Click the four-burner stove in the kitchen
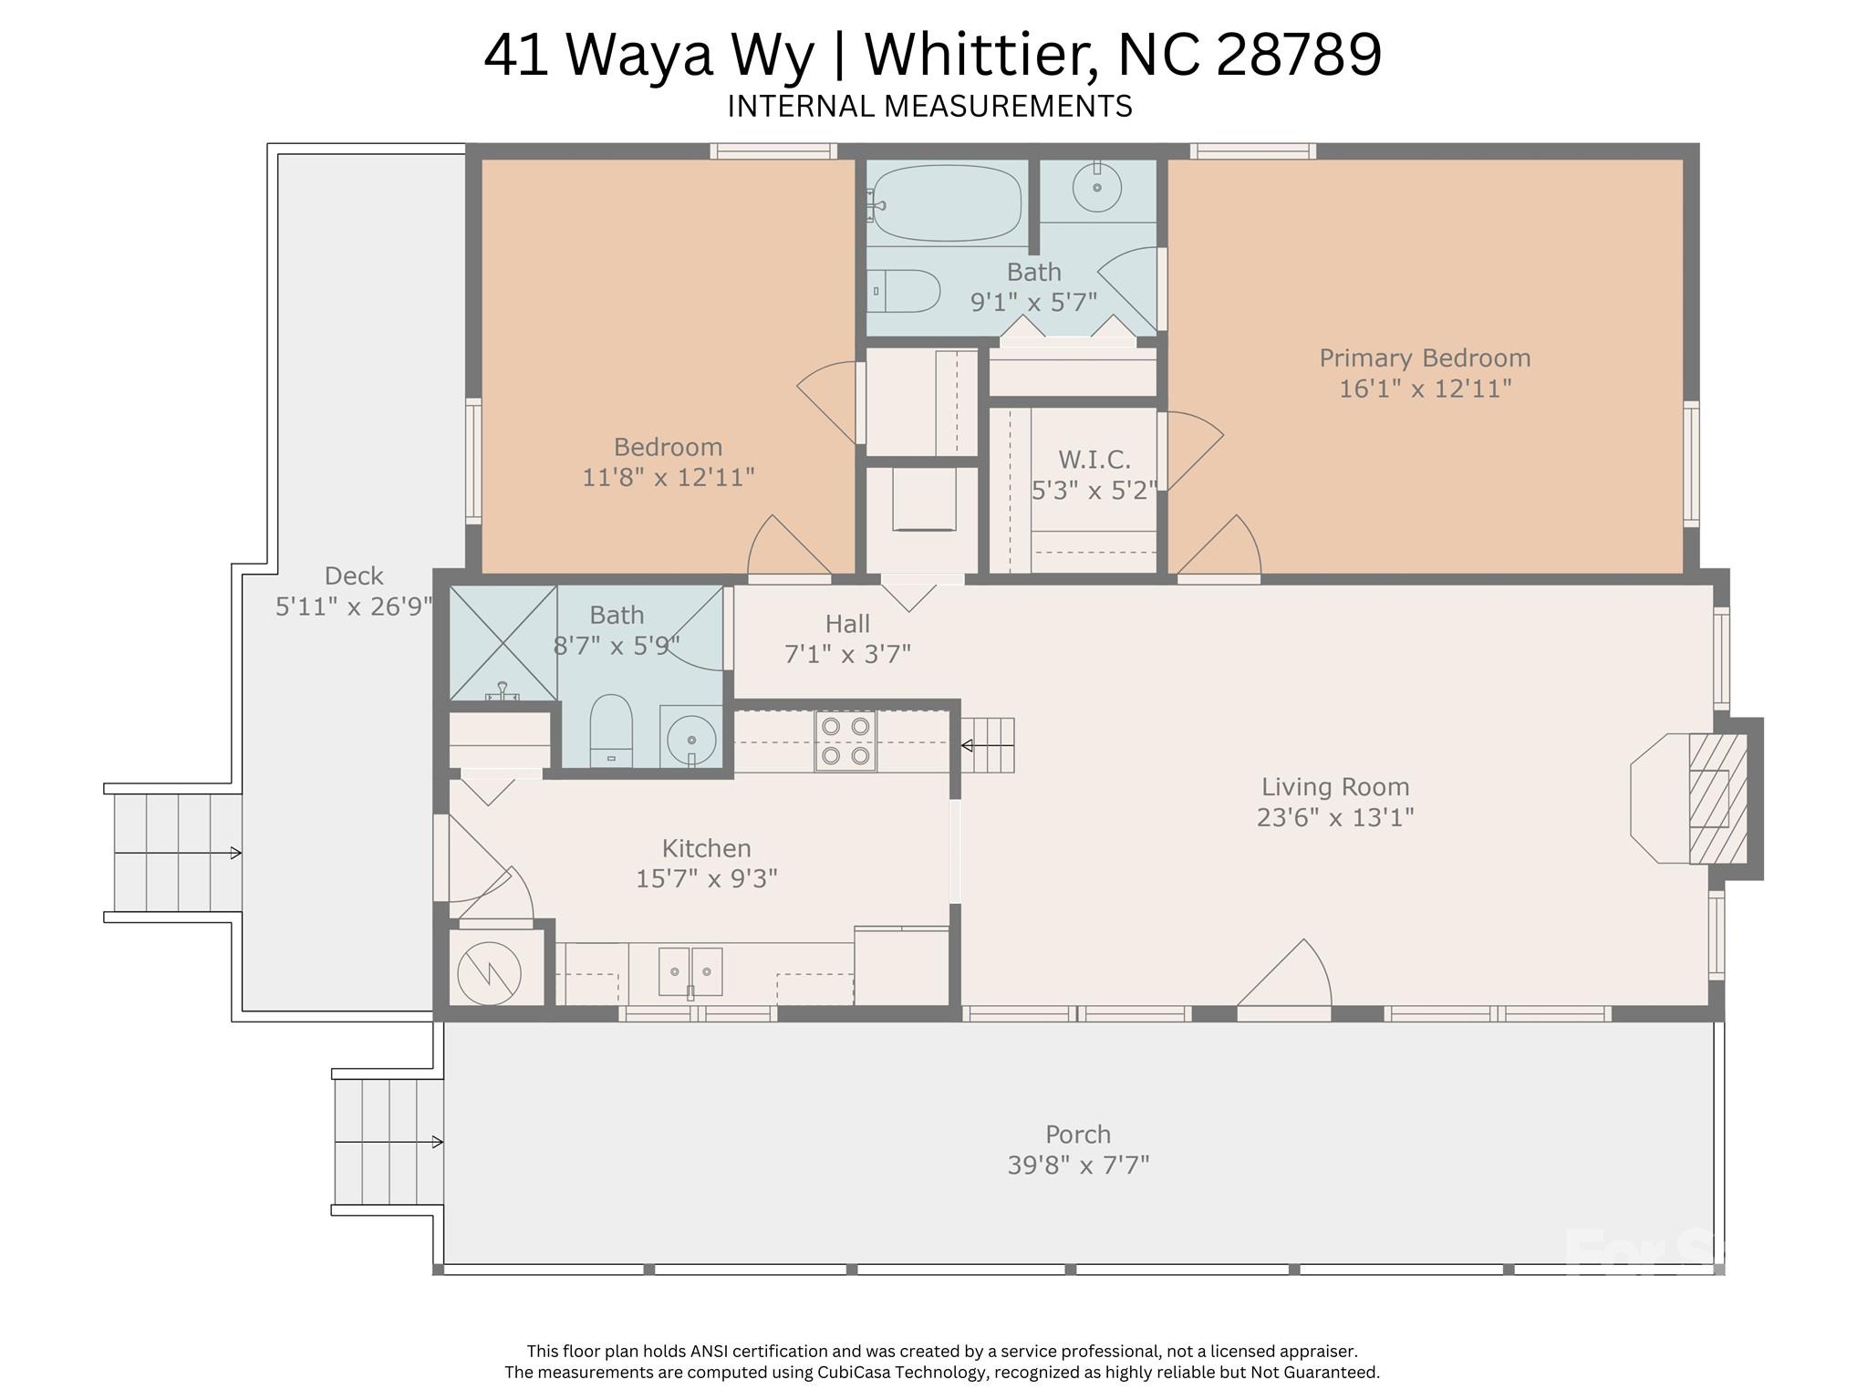[x=845, y=741]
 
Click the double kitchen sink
[x=690, y=970]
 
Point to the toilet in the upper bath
[x=903, y=291]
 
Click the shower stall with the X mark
[x=503, y=643]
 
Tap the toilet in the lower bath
[x=611, y=731]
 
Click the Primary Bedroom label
[x=1425, y=358]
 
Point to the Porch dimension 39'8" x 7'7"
[x=1078, y=1166]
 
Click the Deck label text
[x=354, y=576]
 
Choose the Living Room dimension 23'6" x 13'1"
[x=1335, y=817]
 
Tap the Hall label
[x=847, y=624]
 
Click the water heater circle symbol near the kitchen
[x=489, y=972]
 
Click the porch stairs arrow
[x=389, y=1142]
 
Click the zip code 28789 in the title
[x=1299, y=54]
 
